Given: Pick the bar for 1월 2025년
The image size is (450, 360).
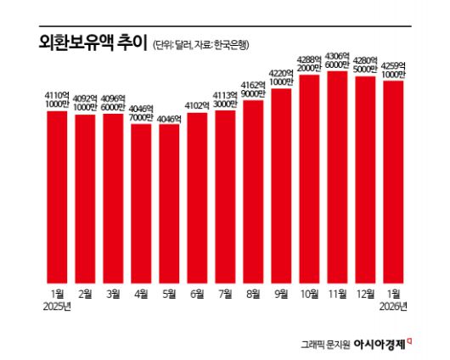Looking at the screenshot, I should tap(57, 196).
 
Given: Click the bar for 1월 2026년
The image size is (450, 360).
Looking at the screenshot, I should tap(393, 182).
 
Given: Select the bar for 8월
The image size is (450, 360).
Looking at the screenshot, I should tap(253, 191).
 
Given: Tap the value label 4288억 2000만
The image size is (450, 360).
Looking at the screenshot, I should tap(309, 62).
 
